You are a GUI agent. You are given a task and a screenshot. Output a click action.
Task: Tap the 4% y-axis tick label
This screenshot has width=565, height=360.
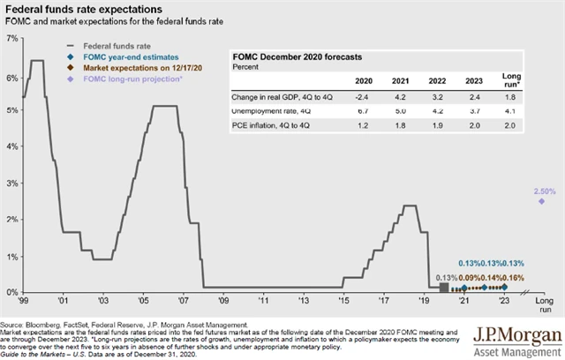[11, 147]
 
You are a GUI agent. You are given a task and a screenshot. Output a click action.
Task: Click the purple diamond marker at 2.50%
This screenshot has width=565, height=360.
[540, 201]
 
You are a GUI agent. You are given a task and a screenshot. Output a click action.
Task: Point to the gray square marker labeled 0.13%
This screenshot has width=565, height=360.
[443, 288]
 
